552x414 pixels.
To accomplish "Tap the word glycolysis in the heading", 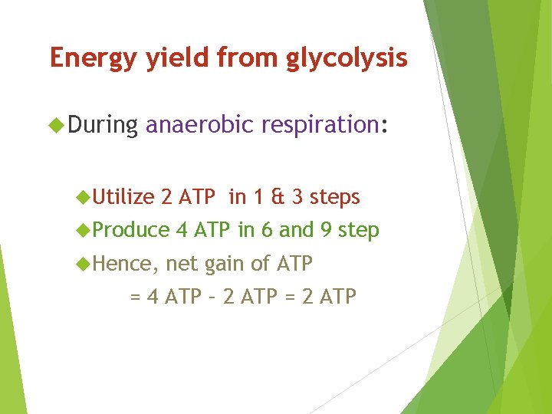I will click(x=347, y=58).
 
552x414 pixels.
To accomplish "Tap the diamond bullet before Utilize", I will click(x=84, y=197).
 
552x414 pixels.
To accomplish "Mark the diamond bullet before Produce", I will click(x=84, y=230).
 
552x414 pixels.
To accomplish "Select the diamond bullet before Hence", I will click(x=84, y=263).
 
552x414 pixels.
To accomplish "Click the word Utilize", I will click(x=123, y=197).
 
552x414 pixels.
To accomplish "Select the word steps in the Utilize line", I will click(x=334, y=197).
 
